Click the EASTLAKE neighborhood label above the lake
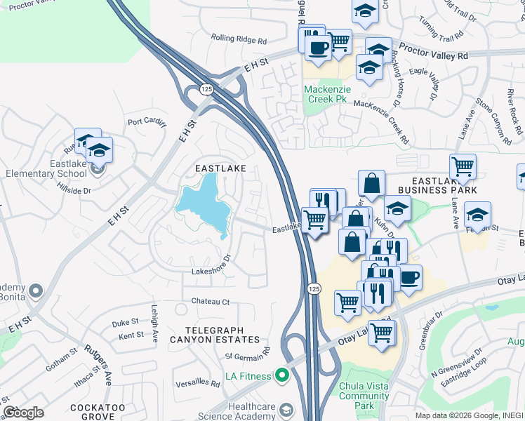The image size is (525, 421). [220, 168]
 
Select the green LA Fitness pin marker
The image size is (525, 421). [282, 376]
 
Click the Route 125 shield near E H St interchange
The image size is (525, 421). [206, 89]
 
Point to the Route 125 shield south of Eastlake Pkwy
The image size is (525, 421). [314, 288]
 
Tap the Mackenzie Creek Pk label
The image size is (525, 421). [326, 94]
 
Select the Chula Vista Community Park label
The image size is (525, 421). [364, 392]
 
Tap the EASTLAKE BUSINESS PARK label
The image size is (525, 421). [437, 185]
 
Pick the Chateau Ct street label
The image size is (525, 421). [211, 302]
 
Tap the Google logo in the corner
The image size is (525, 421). [23, 413]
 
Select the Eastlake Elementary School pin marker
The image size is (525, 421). [98, 167]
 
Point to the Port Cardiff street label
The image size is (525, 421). [147, 122]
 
